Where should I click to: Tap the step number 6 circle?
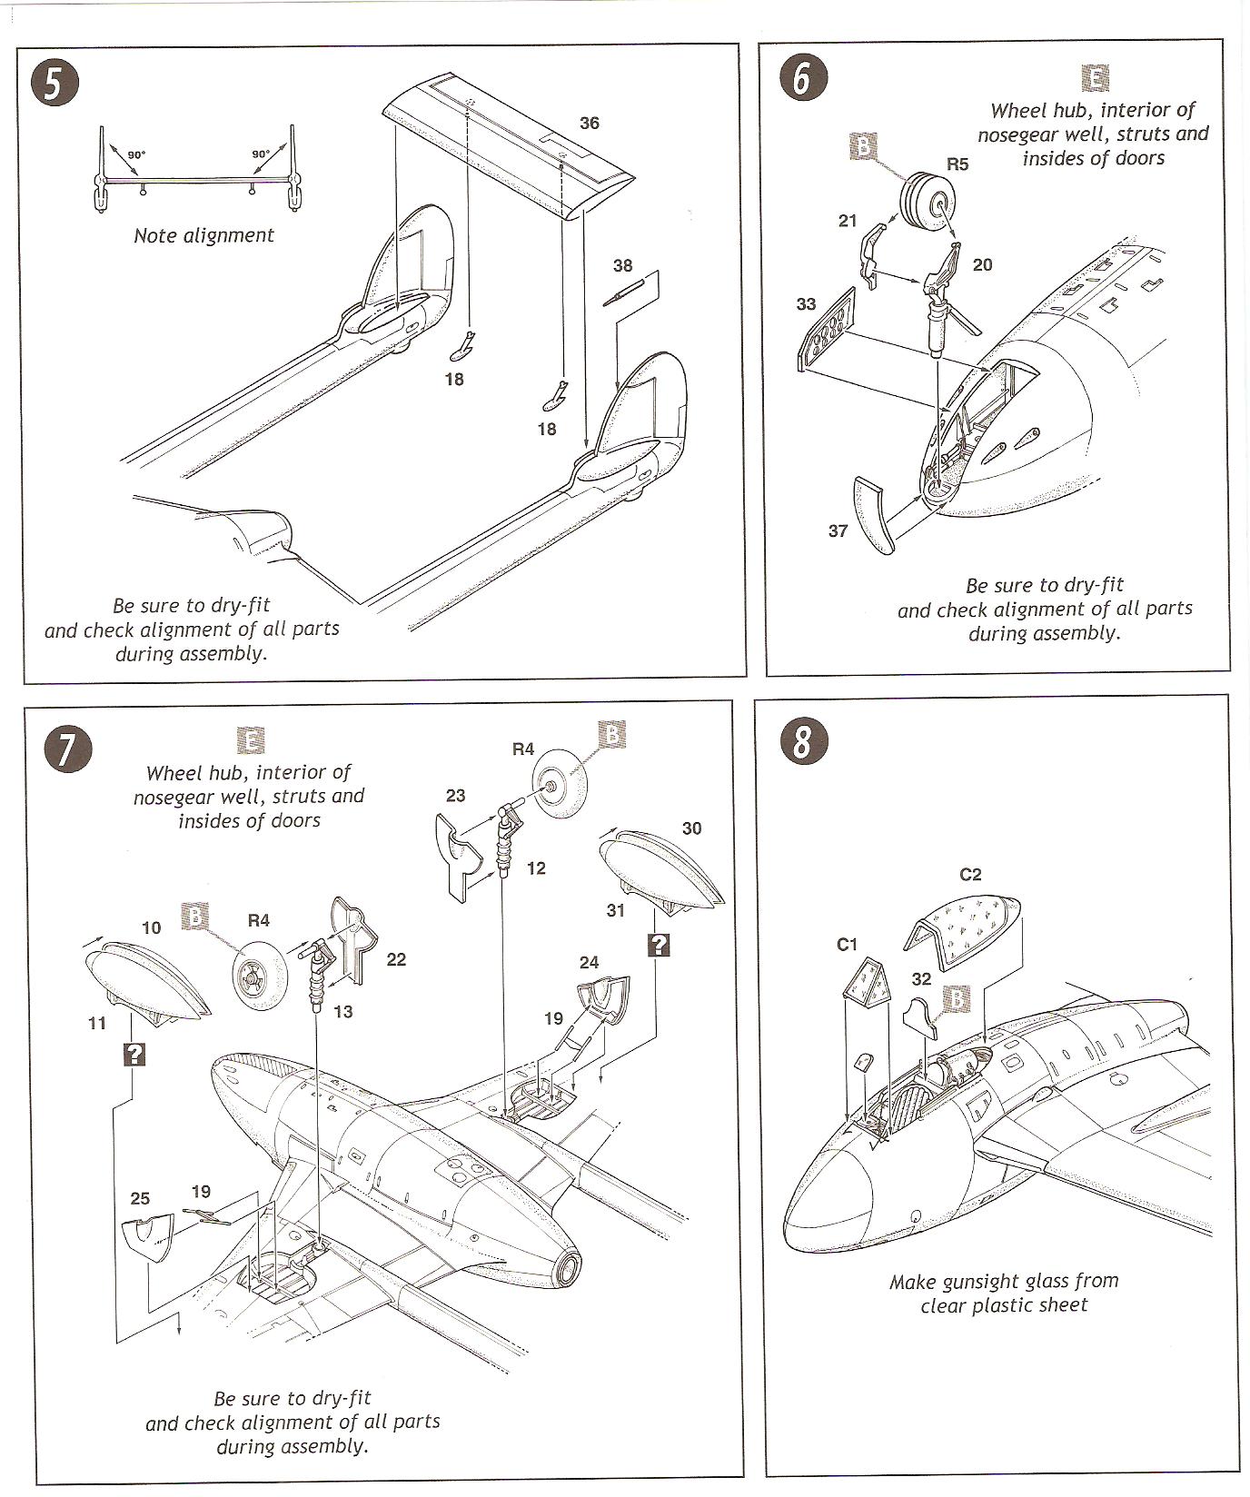[800, 79]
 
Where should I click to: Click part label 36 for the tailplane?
[589, 124]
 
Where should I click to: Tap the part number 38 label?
[622, 265]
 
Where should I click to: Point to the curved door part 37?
[874, 515]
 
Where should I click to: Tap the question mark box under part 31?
[659, 945]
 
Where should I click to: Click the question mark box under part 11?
[134, 1054]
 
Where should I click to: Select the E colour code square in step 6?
[1096, 78]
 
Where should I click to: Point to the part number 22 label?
[396, 959]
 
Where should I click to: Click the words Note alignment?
[203, 235]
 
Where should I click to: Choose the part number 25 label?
[140, 1198]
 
